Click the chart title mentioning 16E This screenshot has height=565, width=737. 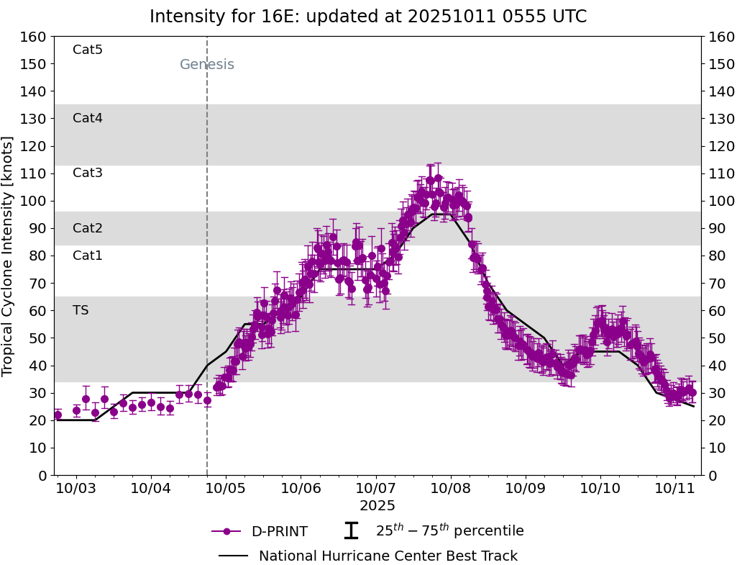tap(368, 17)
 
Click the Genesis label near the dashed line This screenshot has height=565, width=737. tap(207, 65)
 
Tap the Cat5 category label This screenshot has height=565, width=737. tap(88, 50)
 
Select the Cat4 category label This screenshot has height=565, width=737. tap(88, 118)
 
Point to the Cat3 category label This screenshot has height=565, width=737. tap(88, 173)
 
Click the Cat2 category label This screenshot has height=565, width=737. tap(88, 228)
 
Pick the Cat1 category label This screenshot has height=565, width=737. tap(88, 256)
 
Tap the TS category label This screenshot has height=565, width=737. tap(81, 310)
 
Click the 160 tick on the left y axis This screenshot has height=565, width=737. tap(34, 37)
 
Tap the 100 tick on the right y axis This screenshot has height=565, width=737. tap(720, 201)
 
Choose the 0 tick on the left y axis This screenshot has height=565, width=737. tap(42, 475)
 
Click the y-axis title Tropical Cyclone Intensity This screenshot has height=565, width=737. tap(9, 256)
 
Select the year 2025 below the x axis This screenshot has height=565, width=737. tap(377, 506)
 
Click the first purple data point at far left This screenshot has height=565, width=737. tap(58, 415)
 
